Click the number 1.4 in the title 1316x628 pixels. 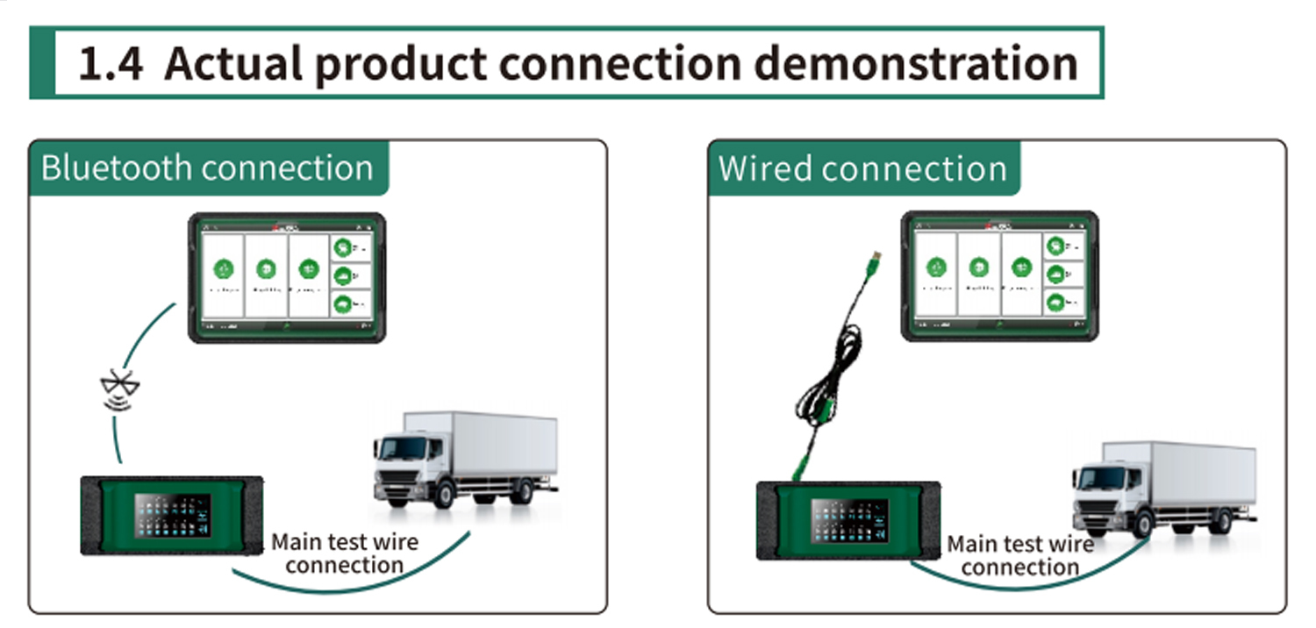tap(111, 64)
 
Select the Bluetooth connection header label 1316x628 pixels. tap(207, 167)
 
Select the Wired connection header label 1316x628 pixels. tap(862, 168)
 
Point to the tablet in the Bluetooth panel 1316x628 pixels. tap(287, 277)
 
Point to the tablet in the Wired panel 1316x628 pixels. tap(1000, 275)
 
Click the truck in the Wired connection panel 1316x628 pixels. tap(1163, 488)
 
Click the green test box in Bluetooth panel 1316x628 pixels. tap(172, 516)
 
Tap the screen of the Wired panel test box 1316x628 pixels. tap(849, 520)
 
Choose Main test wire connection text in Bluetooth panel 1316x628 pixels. tap(344, 553)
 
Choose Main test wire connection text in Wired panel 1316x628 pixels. tap(1020, 555)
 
